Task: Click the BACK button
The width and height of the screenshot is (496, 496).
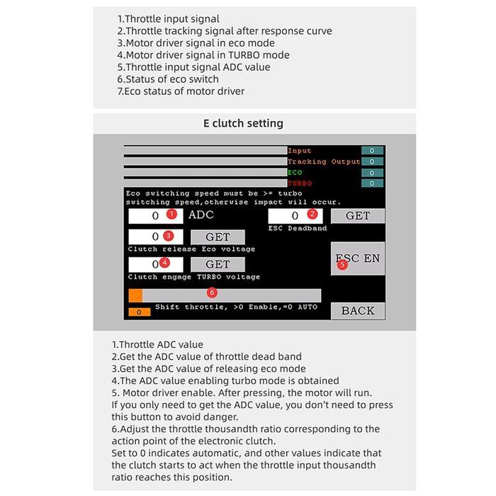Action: (357, 310)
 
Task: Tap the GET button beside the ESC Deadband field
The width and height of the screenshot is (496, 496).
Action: (357, 215)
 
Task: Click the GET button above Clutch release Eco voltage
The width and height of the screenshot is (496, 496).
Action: (218, 237)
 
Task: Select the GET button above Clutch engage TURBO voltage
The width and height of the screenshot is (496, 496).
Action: (218, 264)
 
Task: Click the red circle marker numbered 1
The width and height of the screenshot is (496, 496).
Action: (171, 214)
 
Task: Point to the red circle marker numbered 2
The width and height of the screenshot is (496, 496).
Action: (312, 214)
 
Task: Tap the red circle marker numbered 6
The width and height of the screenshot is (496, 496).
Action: (211, 293)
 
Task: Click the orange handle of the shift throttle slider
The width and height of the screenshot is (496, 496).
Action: (135, 295)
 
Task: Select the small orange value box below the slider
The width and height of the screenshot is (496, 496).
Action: (139, 312)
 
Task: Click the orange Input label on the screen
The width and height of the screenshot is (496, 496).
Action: (299, 151)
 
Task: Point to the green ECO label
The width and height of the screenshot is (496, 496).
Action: (295, 172)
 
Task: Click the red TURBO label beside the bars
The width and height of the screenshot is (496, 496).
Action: (299, 184)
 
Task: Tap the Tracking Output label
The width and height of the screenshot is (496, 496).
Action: (324, 162)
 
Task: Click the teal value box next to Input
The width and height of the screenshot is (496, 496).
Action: (372, 150)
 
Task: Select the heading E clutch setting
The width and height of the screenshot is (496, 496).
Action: (243, 123)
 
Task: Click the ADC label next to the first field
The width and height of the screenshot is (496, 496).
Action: (201, 215)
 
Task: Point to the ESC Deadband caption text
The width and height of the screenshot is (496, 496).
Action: (297, 228)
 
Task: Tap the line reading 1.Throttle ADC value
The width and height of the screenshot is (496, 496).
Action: (157, 345)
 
